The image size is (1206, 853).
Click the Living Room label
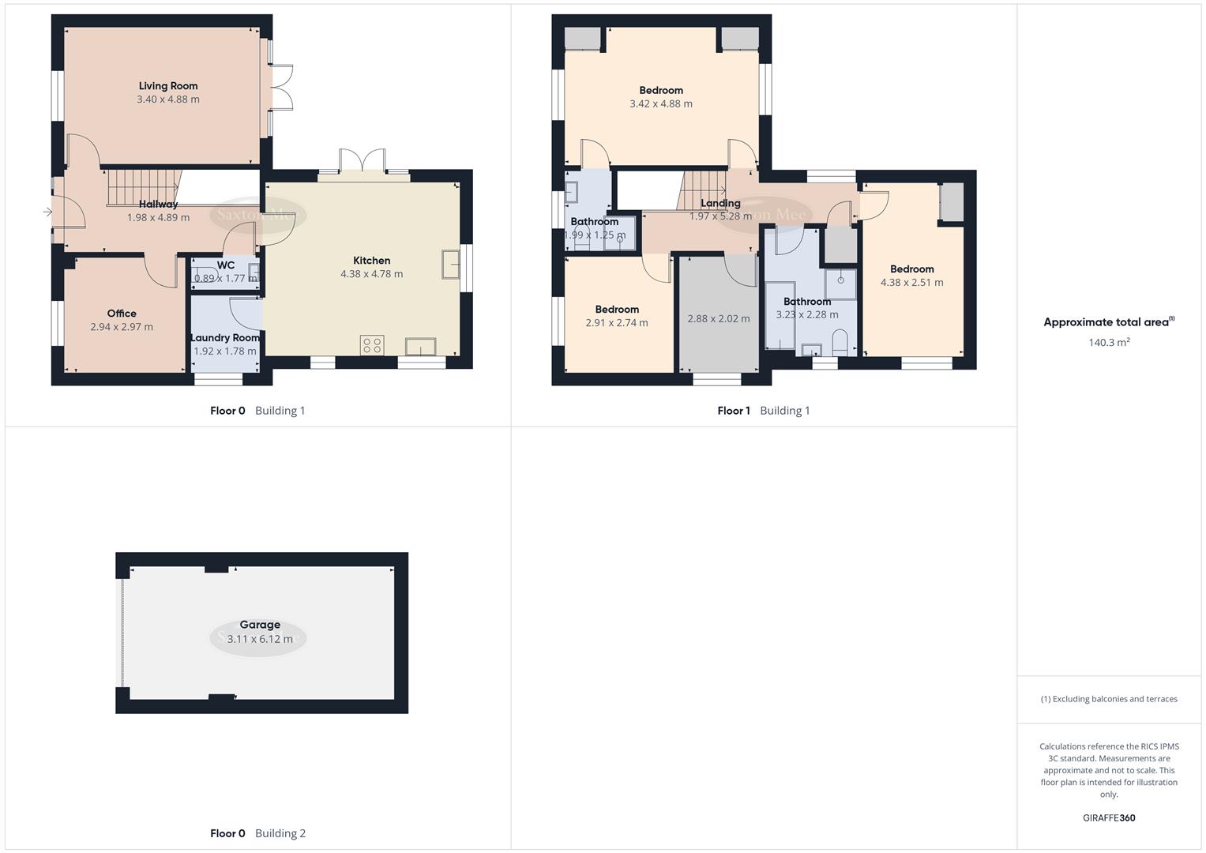click(167, 86)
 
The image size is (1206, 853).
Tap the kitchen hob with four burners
click(372, 345)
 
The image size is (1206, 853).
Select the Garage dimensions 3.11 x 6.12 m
click(260, 639)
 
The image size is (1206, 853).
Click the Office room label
click(122, 314)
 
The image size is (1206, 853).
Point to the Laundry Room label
click(225, 338)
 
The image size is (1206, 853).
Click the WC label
click(225, 265)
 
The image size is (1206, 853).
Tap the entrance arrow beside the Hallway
click(47, 212)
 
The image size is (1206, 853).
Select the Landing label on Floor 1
click(720, 204)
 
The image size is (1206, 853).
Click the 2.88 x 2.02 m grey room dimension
click(718, 319)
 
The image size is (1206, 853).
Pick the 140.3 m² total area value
click(1109, 343)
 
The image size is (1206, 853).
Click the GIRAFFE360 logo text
click(1109, 818)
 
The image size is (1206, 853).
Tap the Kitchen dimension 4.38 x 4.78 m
click(371, 274)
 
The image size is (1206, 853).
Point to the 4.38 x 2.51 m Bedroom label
click(911, 269)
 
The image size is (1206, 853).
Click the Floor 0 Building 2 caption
click(257, 833)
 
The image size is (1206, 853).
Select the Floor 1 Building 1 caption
click(763, 411)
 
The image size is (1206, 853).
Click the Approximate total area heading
click(1108, 322)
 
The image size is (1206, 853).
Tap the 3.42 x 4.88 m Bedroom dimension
click(660, 103)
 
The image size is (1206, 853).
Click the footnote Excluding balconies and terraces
click(1109, 699)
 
